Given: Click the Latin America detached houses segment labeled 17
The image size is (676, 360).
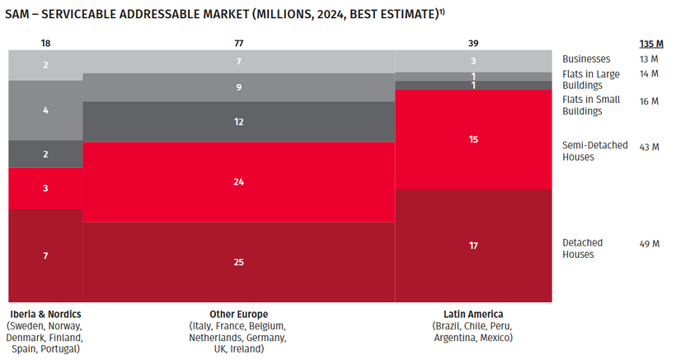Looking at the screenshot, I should point(473,245).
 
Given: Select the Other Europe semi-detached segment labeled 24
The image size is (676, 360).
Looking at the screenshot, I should point(239,181).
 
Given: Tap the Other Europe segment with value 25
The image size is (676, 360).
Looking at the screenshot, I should point(239,262).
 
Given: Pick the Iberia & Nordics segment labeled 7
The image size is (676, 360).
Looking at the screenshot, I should point(46,255).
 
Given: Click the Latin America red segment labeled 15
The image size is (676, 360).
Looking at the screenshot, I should point(473,139).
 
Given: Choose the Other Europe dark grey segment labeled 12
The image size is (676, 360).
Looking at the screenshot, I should point(239,122).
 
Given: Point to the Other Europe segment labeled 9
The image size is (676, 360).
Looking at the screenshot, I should point(239,87).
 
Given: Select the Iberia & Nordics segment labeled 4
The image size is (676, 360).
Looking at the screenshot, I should point(46,110).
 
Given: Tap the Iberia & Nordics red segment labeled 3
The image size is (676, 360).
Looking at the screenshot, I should point(46,189).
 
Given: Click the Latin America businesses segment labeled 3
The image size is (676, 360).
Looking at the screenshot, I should point(473,61).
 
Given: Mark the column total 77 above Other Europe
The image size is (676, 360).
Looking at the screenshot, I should point(239,41).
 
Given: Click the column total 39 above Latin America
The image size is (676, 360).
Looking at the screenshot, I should point(473,41).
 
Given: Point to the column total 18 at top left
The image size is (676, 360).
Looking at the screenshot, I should point(46,41).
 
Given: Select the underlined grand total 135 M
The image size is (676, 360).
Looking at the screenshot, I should point(651,44).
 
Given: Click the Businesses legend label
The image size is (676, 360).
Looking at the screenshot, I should point(586,59).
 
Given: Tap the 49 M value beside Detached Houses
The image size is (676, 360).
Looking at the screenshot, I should point(650,244).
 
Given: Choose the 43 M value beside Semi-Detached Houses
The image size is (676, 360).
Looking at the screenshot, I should point(650,147).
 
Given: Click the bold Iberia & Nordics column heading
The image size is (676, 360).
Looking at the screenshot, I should point(45,314).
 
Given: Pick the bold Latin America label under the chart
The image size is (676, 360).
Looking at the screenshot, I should point(472,314).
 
